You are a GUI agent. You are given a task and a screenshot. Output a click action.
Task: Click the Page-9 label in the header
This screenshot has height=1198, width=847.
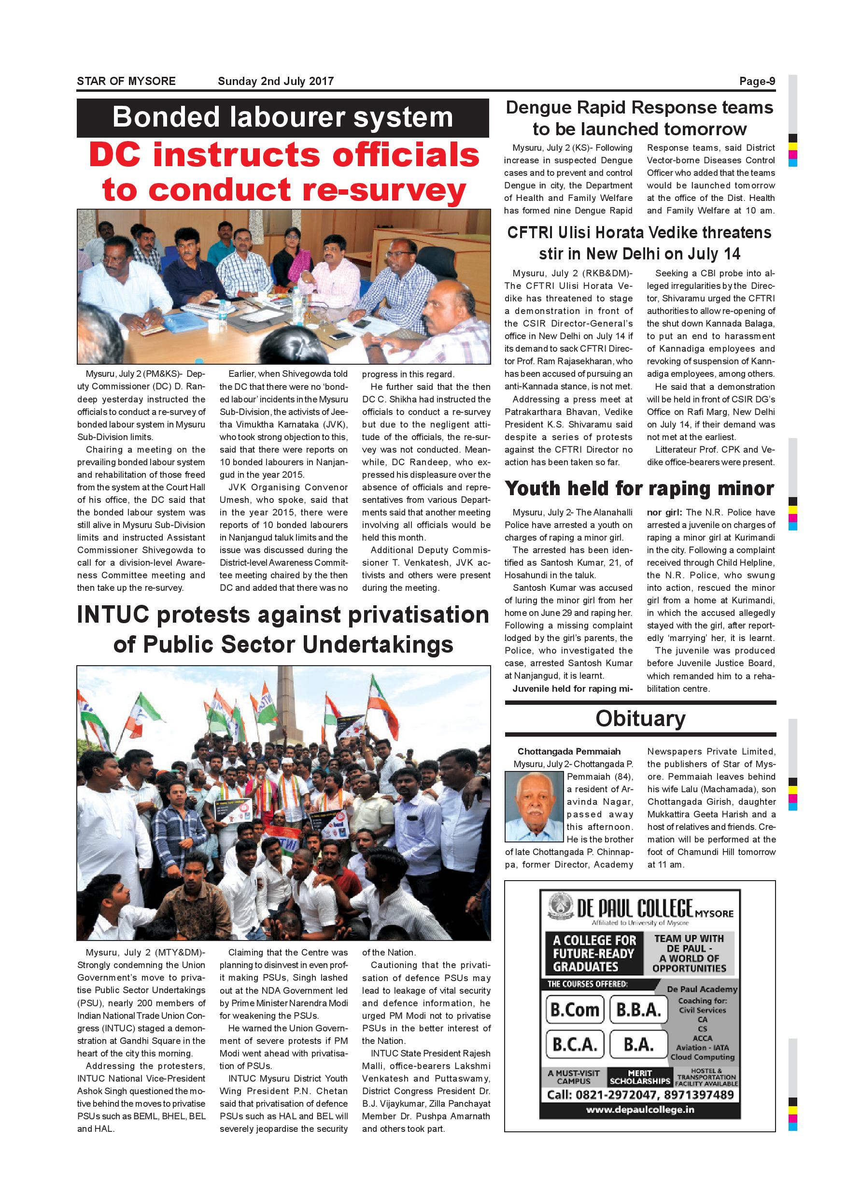(757, 82)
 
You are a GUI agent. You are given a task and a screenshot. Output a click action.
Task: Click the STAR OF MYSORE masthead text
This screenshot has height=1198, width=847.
(126, 82)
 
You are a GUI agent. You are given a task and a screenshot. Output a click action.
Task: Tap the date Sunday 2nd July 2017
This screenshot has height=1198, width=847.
(275, 82)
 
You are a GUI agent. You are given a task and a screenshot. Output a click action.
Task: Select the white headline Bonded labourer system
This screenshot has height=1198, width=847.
(282, 117)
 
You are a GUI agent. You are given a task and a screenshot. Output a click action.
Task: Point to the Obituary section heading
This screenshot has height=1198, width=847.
(640, 718)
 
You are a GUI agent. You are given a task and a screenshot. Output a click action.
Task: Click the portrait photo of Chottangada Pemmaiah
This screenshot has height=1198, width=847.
(534, 807)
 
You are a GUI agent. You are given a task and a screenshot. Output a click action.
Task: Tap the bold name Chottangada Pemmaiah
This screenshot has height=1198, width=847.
(568, 751)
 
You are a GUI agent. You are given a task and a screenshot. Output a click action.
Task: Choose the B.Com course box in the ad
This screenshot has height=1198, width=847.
(575, 1010)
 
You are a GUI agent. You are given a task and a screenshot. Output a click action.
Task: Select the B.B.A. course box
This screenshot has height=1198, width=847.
(639, 1010)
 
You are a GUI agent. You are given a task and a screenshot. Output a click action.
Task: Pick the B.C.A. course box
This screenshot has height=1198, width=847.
(575, 1044)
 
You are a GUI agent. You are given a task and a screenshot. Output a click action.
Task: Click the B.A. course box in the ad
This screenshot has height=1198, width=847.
(639, 1044)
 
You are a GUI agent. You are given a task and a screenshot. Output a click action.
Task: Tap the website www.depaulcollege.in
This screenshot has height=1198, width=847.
(640, 1110)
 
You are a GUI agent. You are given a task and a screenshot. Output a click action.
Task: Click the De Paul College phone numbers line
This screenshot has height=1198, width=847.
(640, 1095)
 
